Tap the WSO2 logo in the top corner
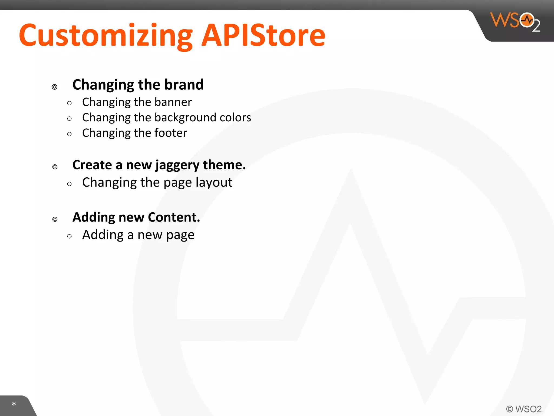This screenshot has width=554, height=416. tap(515, 22)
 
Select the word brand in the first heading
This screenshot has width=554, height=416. tap(184, 84)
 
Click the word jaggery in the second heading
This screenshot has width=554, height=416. tap(177, 165)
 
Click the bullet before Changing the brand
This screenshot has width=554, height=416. tap(55, 87)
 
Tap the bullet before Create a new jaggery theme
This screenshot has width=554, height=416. tap(55, 167)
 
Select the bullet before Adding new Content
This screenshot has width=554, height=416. tap(55, 219)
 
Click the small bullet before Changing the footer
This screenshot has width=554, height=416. tap(70, 134)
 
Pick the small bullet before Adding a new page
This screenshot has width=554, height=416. tap(70, 236)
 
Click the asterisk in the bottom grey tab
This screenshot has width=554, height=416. tap(14, 404)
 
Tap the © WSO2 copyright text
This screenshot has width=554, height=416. tap(524, 409)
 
